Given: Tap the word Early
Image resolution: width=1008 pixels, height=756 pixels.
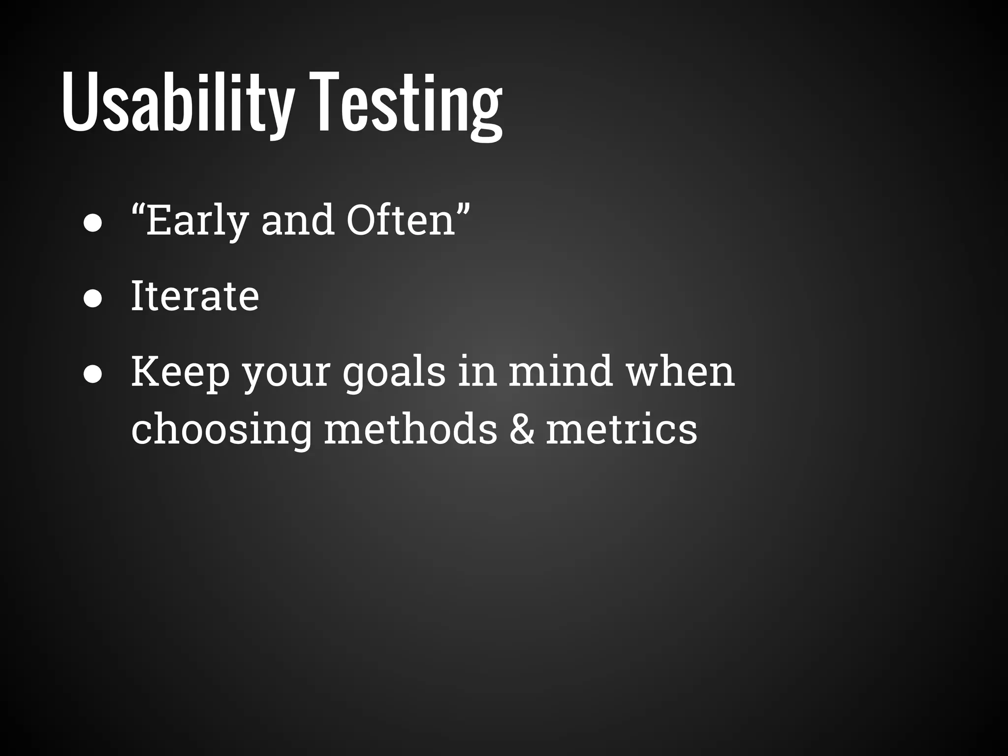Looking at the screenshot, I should pos(197,220).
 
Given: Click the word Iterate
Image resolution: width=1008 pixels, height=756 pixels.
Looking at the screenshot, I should pos(195,296).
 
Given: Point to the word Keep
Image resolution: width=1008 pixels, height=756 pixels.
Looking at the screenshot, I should pos(180,372).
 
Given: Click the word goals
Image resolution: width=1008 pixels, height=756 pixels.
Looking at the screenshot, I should pos(394,373).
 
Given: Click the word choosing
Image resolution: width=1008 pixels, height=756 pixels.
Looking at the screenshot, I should pos(221,429).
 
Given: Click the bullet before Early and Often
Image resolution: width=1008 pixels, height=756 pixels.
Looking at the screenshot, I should pos(93,223).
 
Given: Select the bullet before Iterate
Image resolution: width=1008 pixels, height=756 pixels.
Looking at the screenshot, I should pos(93,299).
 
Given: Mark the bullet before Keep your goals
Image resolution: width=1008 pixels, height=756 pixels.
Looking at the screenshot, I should pos(93,375).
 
